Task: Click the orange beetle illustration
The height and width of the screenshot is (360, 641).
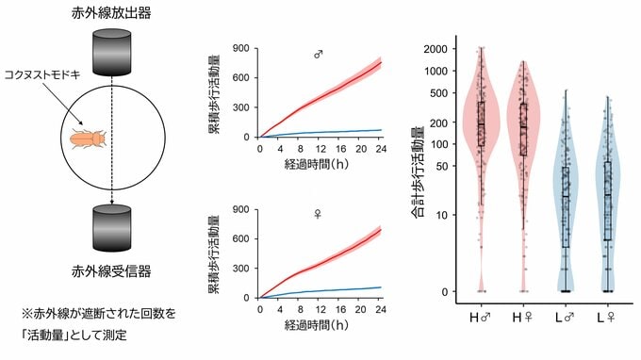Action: coord(89,139)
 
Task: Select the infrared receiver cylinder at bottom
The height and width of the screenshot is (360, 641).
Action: coord(111,228)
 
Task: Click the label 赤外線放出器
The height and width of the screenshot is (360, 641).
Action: coord(111,13)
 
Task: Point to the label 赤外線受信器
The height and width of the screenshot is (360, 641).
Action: coord(111,270)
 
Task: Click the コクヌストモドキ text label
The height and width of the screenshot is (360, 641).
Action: coord(42,74)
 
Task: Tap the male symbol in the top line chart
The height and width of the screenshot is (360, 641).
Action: coord(319,55)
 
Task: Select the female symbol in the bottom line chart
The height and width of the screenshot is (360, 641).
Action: coord(318,214)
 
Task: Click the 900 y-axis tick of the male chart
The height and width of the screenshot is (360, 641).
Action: coord(240,48)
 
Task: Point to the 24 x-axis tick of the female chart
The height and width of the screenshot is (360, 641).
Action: coord(380,309)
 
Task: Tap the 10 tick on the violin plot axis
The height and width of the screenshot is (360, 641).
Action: coord(441,215)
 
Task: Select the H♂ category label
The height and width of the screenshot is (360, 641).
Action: coord(480,318)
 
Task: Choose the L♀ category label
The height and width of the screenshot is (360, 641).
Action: coord(605,318)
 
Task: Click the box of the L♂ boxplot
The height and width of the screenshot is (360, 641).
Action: coord(566,206)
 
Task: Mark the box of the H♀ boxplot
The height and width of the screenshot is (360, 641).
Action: coord(523,129)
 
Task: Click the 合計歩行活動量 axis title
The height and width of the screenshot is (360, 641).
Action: coord(417,172)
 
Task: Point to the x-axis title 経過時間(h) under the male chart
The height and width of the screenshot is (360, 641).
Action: coord(317,164)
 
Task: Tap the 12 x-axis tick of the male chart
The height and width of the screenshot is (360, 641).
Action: coord(320,149)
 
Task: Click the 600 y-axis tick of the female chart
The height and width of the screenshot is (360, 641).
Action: coord(240,238)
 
